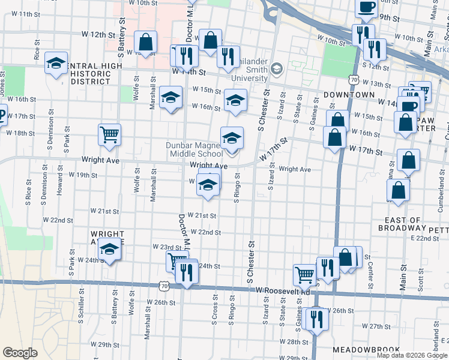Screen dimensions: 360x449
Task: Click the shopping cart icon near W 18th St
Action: (109, 134)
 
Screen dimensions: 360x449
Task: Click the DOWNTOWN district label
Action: (349, 95)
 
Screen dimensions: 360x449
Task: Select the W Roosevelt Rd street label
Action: (282, 290)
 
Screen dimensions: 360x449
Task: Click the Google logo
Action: (20, 353)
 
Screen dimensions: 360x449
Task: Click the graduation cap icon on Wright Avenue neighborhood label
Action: (109, 250)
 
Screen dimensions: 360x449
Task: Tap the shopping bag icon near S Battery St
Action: (145, 42)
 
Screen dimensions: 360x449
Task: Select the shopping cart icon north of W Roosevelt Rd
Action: (304, 275)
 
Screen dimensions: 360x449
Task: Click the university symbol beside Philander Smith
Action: (276, 68)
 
